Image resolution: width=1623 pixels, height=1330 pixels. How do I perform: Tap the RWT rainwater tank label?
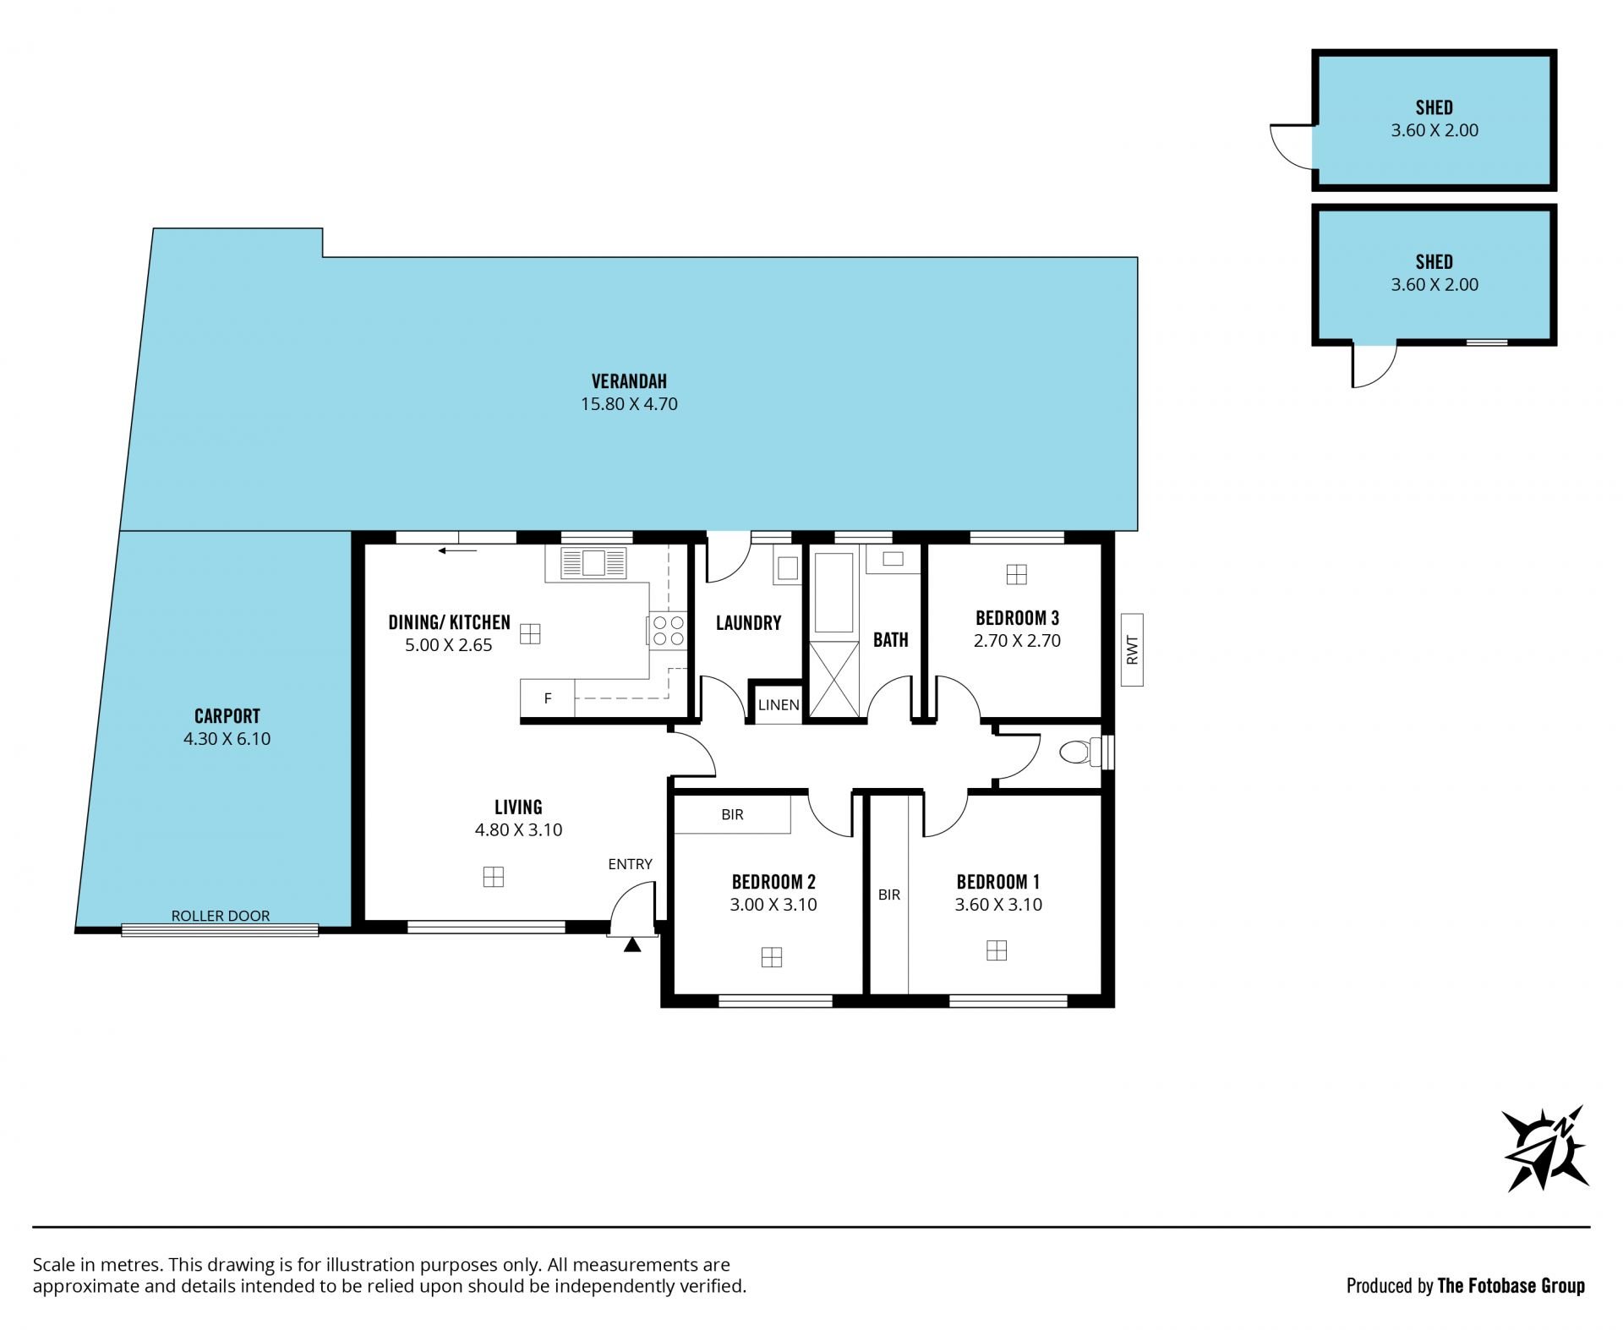[x=1133, y=650]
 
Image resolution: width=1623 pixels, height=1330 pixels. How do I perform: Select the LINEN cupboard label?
[x=779, y=704]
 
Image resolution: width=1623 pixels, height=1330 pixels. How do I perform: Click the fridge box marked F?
[x=547, y=698]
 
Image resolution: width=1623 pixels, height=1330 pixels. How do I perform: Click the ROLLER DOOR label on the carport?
[x=221, y=916]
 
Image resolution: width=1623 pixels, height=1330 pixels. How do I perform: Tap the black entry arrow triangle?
[x=632, y=944]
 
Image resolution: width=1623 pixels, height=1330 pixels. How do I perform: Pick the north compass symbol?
[x=1545, y=1149]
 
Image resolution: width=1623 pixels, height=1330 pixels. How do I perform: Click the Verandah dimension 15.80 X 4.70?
[x=629, y=404]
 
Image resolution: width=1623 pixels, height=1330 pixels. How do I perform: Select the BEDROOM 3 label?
[x=1017, y=618]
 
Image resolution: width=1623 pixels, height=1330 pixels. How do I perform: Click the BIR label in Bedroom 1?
[x=889, y=895]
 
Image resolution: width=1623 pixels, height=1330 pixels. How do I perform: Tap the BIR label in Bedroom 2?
[x=732, y=815]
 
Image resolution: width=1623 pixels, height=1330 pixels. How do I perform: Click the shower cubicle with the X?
[x=833, y=680]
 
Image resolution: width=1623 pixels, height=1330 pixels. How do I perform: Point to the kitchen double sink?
[x=593, y=563]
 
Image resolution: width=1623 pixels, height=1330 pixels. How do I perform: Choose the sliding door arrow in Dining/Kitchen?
[x=457, y=551]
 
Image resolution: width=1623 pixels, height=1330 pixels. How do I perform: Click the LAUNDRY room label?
[x=748, y=623]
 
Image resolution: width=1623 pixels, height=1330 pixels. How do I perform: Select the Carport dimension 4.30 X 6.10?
[x=227, y=739]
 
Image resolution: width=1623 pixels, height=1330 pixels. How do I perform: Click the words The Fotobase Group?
[x=1511, y=1286]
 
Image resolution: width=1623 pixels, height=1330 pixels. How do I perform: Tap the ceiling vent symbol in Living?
[x=494, y=877]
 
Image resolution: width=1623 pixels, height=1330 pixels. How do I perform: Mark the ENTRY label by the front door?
[x=630, y=864]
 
